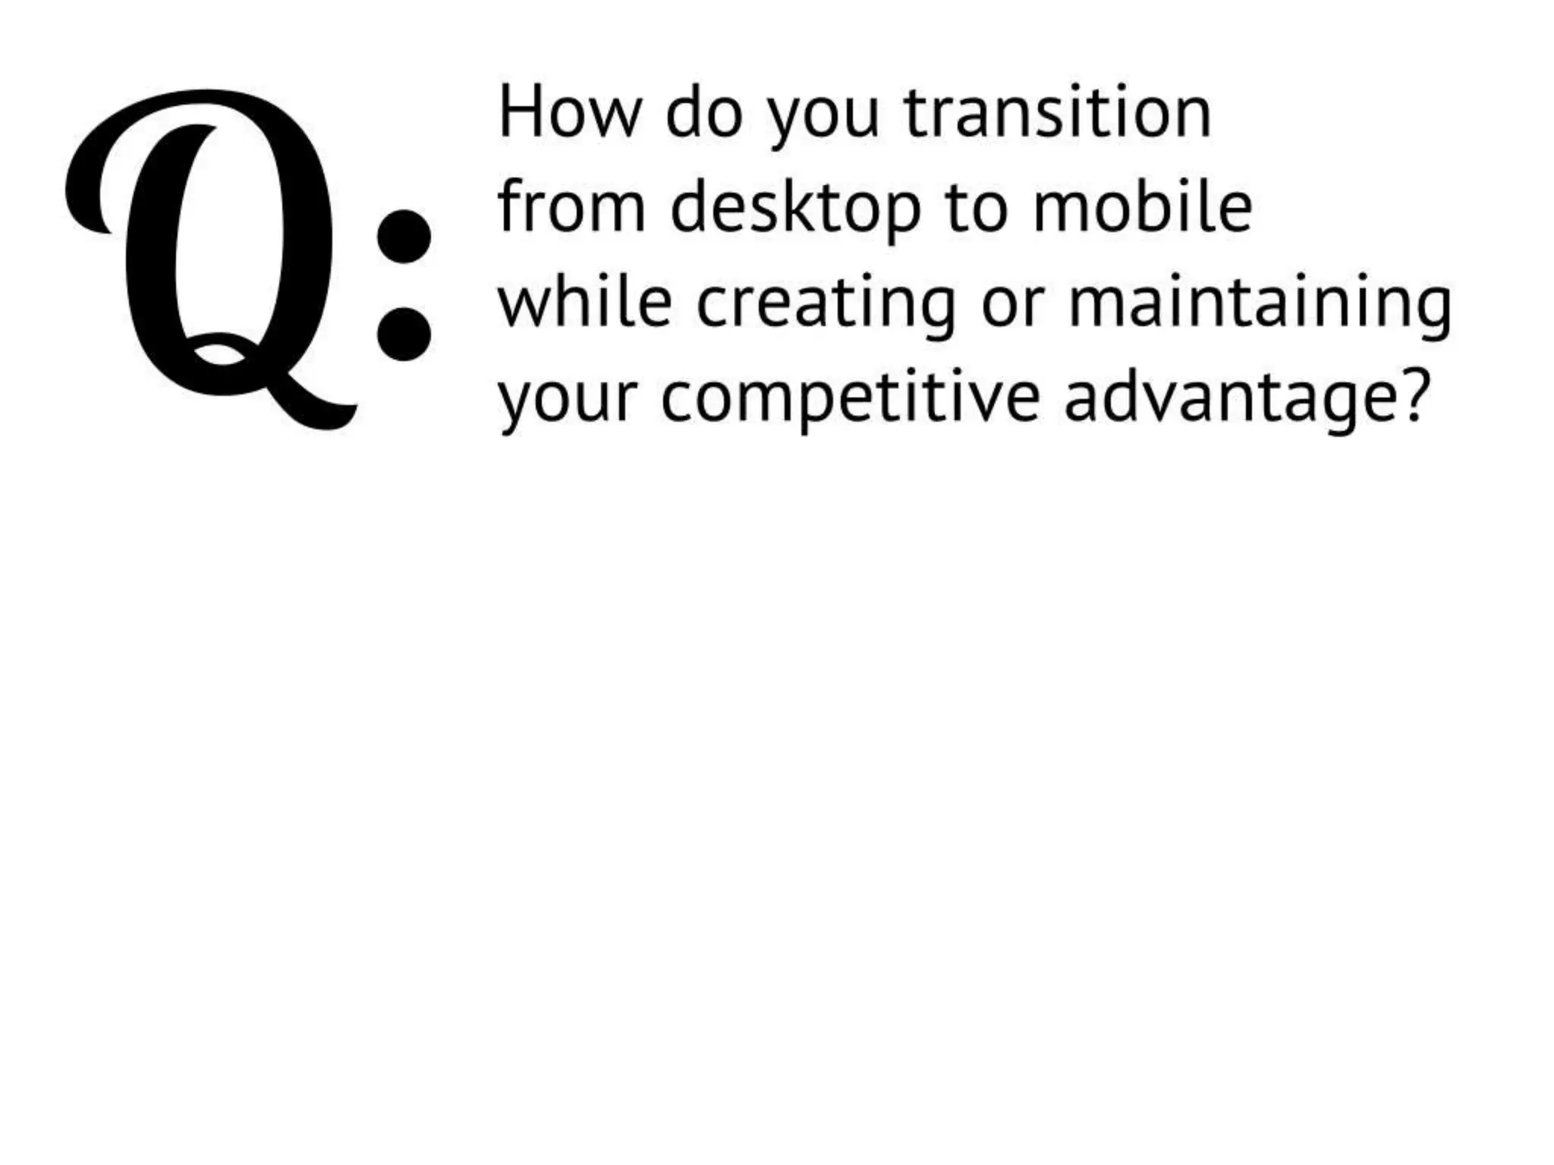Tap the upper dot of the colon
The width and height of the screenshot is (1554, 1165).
click(x=404, y=236)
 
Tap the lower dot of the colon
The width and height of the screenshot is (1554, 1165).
click(x=404, y=333)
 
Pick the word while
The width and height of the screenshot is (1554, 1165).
click(x=585, y=303)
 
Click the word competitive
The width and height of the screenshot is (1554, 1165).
click(x=850, y=400)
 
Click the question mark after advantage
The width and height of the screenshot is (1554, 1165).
click(x=1413, y=396)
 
